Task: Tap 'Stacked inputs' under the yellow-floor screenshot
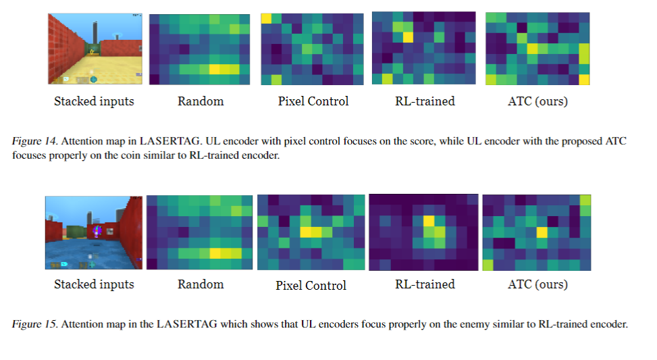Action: pyautogui.click(x=94, y=101)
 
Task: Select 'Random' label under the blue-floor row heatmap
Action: pyautogui.click(x=200, y=284)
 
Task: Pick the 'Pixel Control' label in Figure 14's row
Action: pyautogui.click(x=313, y=101)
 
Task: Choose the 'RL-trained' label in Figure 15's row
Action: pyautogui.click(x=425, y=284)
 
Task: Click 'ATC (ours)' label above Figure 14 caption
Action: pyautogui.click(x=537, y=101)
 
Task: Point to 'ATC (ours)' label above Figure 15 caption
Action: pyautogui.click(x=537, y=284)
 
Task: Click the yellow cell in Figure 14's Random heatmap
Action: pyautogui.click(x=215, y=69)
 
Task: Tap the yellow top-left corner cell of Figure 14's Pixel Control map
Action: pyautogui.click(x=267, y=18)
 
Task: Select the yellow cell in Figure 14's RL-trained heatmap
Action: pyautogui.click(x=408, y=37)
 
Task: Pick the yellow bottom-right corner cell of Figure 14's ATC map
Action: pyautogui.click(x=584, y=80)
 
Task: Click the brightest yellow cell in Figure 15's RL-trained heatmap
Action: pyautogui.click(x=428, y=221)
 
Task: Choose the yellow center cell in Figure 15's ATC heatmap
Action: pyautogui.click(x=541, y=232)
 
